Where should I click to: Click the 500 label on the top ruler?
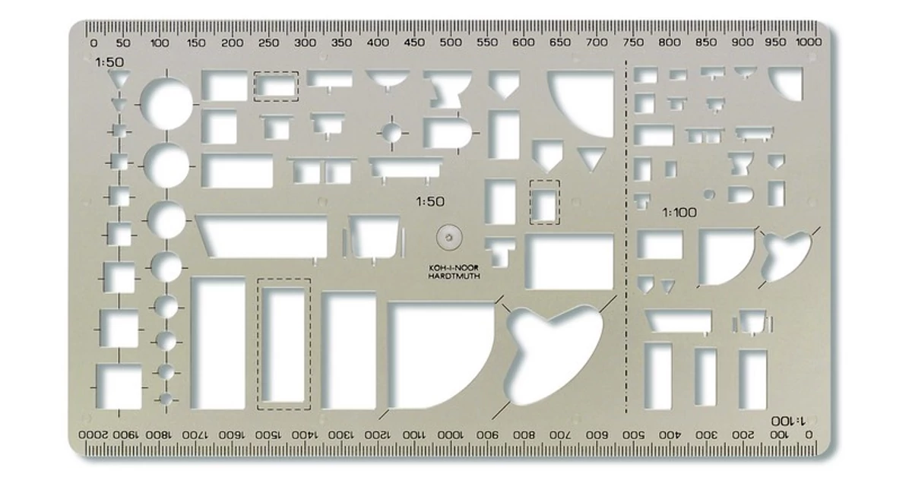(451, 43)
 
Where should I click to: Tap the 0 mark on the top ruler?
(93, 43)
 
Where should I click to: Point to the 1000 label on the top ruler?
(809, 42)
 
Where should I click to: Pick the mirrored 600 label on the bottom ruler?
(597, 434)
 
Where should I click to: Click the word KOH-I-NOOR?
(454, 268)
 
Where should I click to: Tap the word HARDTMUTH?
(454, 276)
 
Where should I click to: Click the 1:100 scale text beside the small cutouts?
(679, 213)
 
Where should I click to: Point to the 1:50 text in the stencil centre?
(430, 201)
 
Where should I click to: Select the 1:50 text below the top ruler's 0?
(109, 62)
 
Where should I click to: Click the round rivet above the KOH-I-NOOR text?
(449, 238)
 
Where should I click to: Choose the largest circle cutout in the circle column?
(166, 104)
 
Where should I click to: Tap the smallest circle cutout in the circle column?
(166, 399)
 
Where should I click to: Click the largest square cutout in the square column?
(119, 387)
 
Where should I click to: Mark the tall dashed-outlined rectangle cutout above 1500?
(283, 344)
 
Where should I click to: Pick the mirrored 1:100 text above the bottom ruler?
(788, 421)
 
